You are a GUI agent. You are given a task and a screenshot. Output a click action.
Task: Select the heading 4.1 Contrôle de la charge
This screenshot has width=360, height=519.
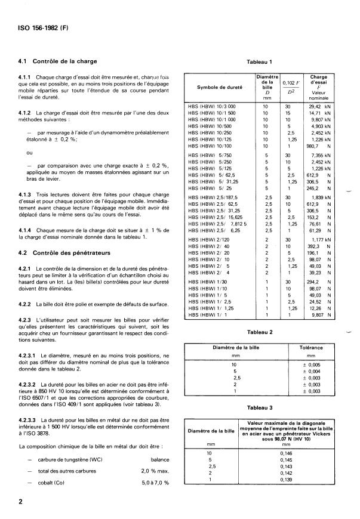[59, 61]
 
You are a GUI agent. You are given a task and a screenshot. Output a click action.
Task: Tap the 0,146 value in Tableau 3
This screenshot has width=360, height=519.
[286, 453]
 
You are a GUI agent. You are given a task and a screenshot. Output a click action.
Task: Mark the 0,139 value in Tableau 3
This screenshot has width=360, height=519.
[286, 480]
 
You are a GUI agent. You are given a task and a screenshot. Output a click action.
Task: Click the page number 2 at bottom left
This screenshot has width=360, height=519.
[21, 502]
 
